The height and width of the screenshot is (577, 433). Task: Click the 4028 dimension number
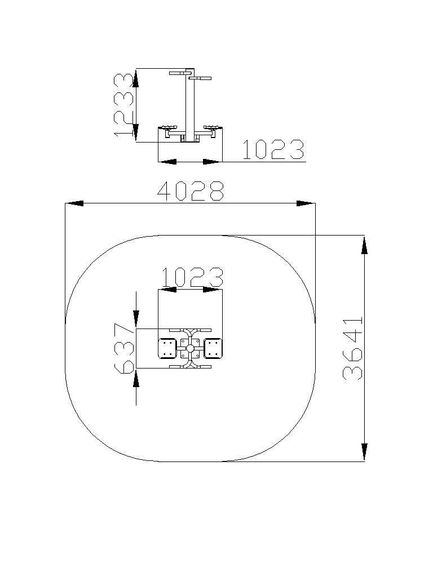coord(191,191)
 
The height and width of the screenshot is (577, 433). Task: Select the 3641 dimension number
coord(353,348)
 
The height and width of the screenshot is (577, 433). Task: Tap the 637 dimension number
coord(124,348)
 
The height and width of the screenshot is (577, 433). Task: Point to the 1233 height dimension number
coord(123,104)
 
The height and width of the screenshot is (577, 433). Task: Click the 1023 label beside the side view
coord(273,149)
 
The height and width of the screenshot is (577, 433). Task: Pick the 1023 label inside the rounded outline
coord(192,277)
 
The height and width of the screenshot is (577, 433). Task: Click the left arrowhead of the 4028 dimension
coord(74,203)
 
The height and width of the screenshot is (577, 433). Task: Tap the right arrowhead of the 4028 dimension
coord(306,203)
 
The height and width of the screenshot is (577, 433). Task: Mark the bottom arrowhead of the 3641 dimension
coord(364,452)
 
